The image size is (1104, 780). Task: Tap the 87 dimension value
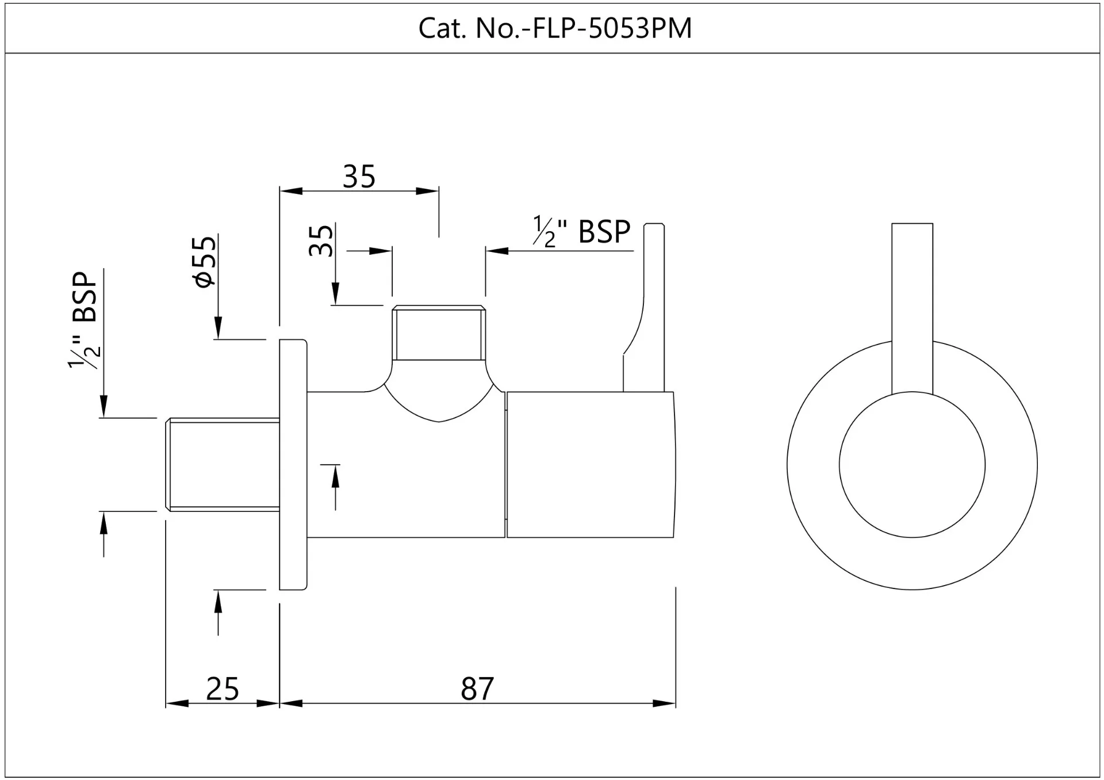point(477,689)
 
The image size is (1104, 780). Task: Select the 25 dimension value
point(223,689)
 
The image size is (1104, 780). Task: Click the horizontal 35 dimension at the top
point(359,176)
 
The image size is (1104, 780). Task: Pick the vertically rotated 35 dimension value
point(321,240)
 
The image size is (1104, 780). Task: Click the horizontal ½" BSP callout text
point(581,232)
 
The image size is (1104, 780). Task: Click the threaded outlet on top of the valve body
point(439,334)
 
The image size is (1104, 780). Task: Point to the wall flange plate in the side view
point(293,465)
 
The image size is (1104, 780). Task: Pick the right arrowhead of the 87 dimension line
point(665,703)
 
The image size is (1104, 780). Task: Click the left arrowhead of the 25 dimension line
point(176,703)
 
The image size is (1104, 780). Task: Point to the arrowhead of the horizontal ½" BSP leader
point(497,251)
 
